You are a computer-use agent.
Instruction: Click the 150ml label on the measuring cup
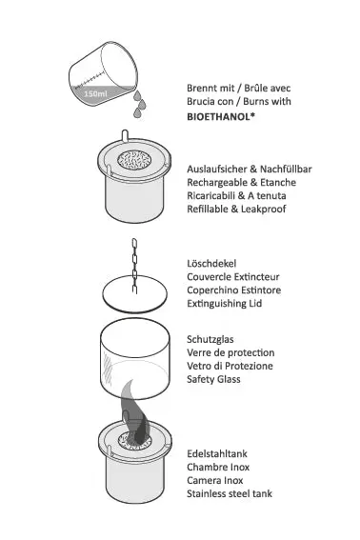pos(95,93)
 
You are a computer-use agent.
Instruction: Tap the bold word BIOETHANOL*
pos(221,117)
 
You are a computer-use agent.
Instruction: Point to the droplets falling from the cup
pos(140,104)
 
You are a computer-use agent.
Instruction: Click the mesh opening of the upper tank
pos(134,159)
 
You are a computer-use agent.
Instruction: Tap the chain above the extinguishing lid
pos(134,266)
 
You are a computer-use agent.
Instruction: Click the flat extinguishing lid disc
pos(134,294)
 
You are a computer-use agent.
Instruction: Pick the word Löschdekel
pos(211,264)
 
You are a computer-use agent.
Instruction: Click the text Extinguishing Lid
pos(224,304)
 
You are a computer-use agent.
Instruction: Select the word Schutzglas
pos(210,340)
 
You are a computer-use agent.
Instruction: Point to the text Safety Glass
pos(213,379)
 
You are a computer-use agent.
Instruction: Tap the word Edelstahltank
pos(217,453)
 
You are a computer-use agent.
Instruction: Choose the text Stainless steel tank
pos(230,493)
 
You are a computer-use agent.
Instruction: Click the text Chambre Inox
pos(218,467)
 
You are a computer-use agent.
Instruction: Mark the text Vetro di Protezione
pos(230,366)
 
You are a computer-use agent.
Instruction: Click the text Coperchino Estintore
pos(234,290)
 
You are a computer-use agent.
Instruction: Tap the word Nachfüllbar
pos(286,170)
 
